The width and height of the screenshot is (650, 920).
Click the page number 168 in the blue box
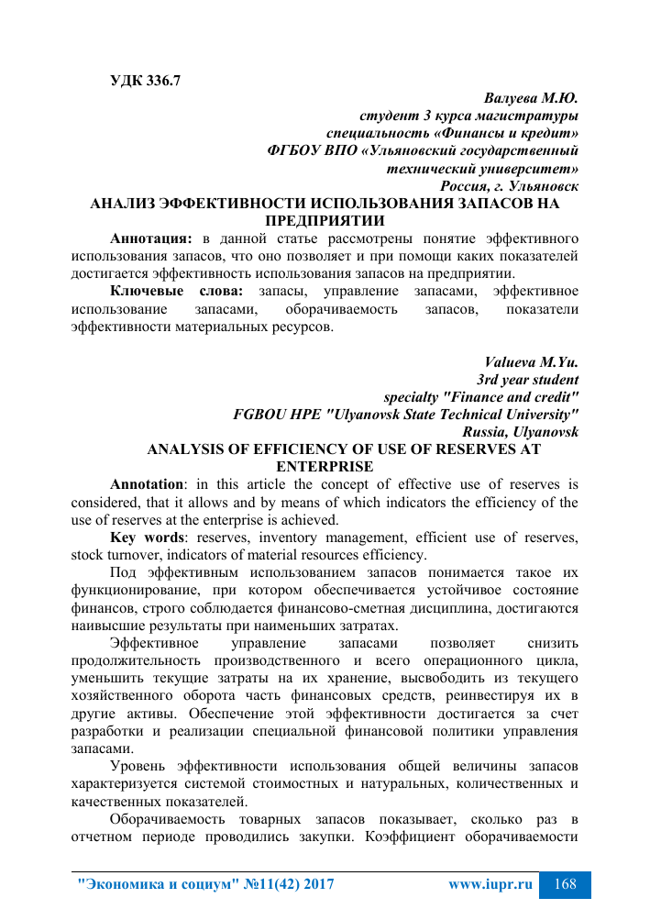click(x=566, y=884)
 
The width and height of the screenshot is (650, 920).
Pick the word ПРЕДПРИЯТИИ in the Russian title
click(x=324, y=220)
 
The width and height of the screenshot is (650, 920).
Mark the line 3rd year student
click(x=528, y=380)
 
